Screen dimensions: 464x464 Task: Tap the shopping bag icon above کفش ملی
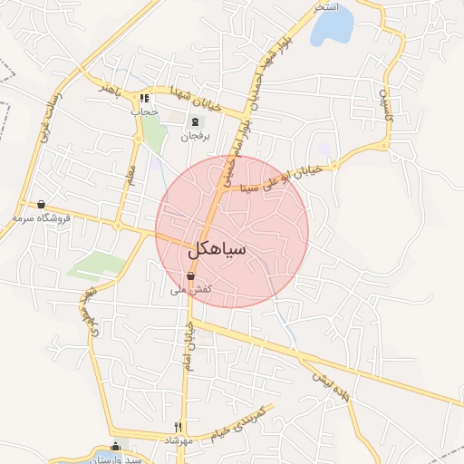(191, 276)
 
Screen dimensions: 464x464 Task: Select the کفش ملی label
(191, 290)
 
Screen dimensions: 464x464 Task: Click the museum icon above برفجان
(194, 122)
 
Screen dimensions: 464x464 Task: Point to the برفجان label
(194, 136)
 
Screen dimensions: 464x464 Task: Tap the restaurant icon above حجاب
(144, 98)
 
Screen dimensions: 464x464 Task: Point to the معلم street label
(130, 170)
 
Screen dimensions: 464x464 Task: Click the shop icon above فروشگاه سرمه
(41, 204)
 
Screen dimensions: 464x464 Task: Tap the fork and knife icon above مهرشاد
(179, 426)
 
